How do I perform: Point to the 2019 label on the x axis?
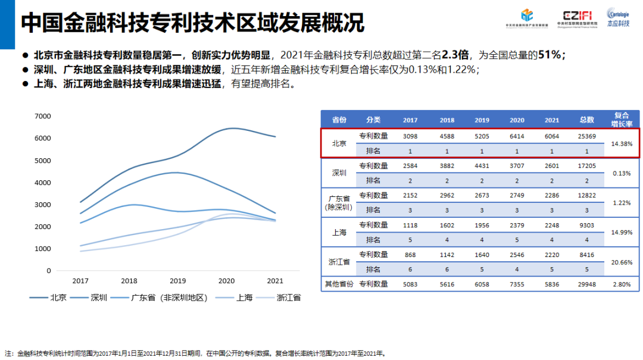pyautogui.click(x=177, y=280)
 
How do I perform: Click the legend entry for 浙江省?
pyautogui.click(x=288, y=297)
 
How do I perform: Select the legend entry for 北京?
pyautogui.click(x=58, y=297)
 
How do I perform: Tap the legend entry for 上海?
pyautogui.click(x=244, y=297)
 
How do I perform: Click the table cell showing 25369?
pyautogui.click(x=586, y=136)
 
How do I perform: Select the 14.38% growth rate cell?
pyautogui.click(x=622, y=144)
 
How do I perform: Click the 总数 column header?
pyautogui.click(x=586, y=120)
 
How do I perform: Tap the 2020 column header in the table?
pyautogui.click(x=517, y=120)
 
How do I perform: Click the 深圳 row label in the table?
pyautogui.click(x=339, y=173)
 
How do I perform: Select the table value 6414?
pyautogui.click(x=517, y=136)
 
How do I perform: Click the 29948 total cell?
pyautogui.click(x=586, y=284)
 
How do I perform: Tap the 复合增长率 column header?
pyautogui.click(x=622, y=120)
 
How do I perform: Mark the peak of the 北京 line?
pyautogui.click(x=232, y=128)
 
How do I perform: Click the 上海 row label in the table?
pyautogui.click(x=339, y=233)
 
